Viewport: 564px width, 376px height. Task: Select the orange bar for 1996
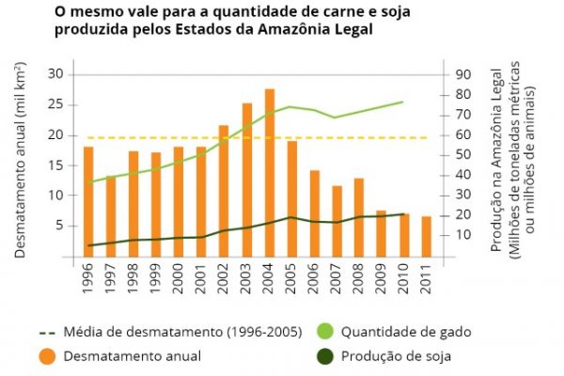coord(88,201)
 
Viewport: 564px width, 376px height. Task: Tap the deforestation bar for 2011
coord(427,236)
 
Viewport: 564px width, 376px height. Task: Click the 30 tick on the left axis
coord(54,74)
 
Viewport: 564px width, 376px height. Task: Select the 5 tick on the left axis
coord(57,226)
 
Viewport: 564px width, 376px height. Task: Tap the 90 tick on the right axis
coord(462,74)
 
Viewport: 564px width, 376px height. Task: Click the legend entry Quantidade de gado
coord(405,332)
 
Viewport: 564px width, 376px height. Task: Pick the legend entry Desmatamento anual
coord(131,355)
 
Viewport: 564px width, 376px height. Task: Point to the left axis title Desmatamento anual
coord(21,160)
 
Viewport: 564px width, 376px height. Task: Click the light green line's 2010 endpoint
coord(403,102)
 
